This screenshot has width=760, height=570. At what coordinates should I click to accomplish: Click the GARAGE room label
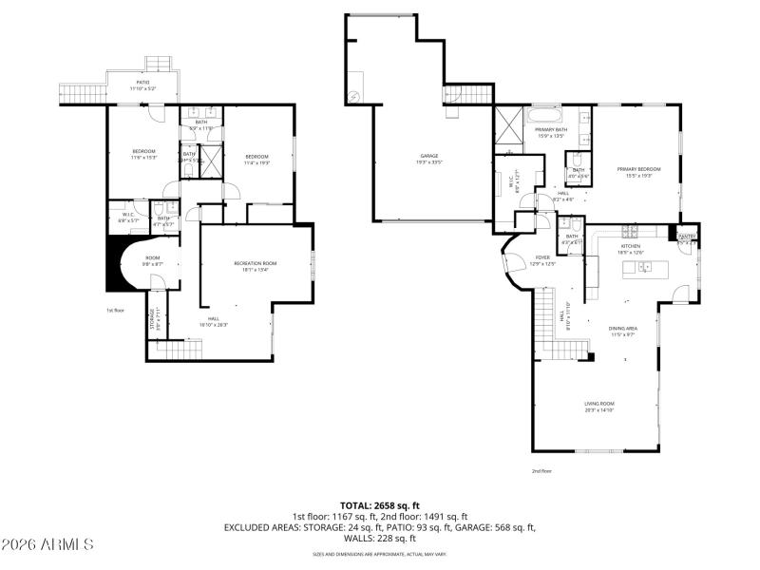point(429,155)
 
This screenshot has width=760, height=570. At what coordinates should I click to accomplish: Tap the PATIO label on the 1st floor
point(142,83)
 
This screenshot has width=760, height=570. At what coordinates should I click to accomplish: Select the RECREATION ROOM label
point(256,263)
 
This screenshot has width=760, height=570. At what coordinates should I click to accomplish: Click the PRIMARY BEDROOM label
point(637,169)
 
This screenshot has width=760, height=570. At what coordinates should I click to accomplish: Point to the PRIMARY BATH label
point(551,131)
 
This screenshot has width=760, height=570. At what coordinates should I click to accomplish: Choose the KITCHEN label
point(632,245)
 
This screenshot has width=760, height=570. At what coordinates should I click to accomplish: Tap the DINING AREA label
point(622,329)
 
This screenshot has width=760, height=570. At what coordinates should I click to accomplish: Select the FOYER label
point(542,256)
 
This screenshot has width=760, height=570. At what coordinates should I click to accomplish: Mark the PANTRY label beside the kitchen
point(687,236)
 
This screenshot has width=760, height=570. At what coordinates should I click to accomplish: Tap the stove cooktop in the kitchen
point(629,231)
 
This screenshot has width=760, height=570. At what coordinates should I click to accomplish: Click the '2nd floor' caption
point(541,470)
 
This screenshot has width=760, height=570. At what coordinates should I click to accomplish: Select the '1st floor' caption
point(115,310)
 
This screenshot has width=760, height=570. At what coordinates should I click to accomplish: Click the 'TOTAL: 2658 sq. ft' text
point(380,504)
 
